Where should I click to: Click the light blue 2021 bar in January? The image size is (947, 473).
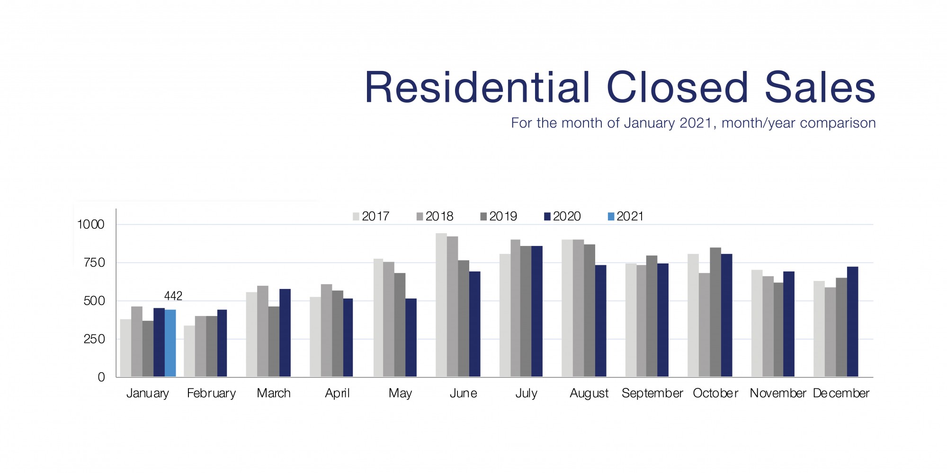[170, 343]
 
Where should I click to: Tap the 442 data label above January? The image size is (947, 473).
[173, 296]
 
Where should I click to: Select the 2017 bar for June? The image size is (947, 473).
[441, 305]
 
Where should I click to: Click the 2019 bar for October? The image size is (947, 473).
[715, 312]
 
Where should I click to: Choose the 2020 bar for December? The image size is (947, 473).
[852, 322]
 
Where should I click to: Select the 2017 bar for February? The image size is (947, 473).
[189, 351]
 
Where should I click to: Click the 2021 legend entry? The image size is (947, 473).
[625, 217]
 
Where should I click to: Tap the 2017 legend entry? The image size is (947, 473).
[371, 217]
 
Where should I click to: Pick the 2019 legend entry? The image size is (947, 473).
[498, 217]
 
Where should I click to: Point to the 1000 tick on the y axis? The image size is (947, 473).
[90, 224]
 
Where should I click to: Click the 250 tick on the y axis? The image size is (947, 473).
[94, 339]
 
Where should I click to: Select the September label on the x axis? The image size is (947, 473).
[652, 393]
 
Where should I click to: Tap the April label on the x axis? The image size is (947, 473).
[337, 393]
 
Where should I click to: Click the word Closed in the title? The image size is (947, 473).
[677, 88]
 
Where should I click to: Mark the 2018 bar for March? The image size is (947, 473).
[263, 331]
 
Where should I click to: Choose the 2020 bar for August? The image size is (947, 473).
[600, 321]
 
